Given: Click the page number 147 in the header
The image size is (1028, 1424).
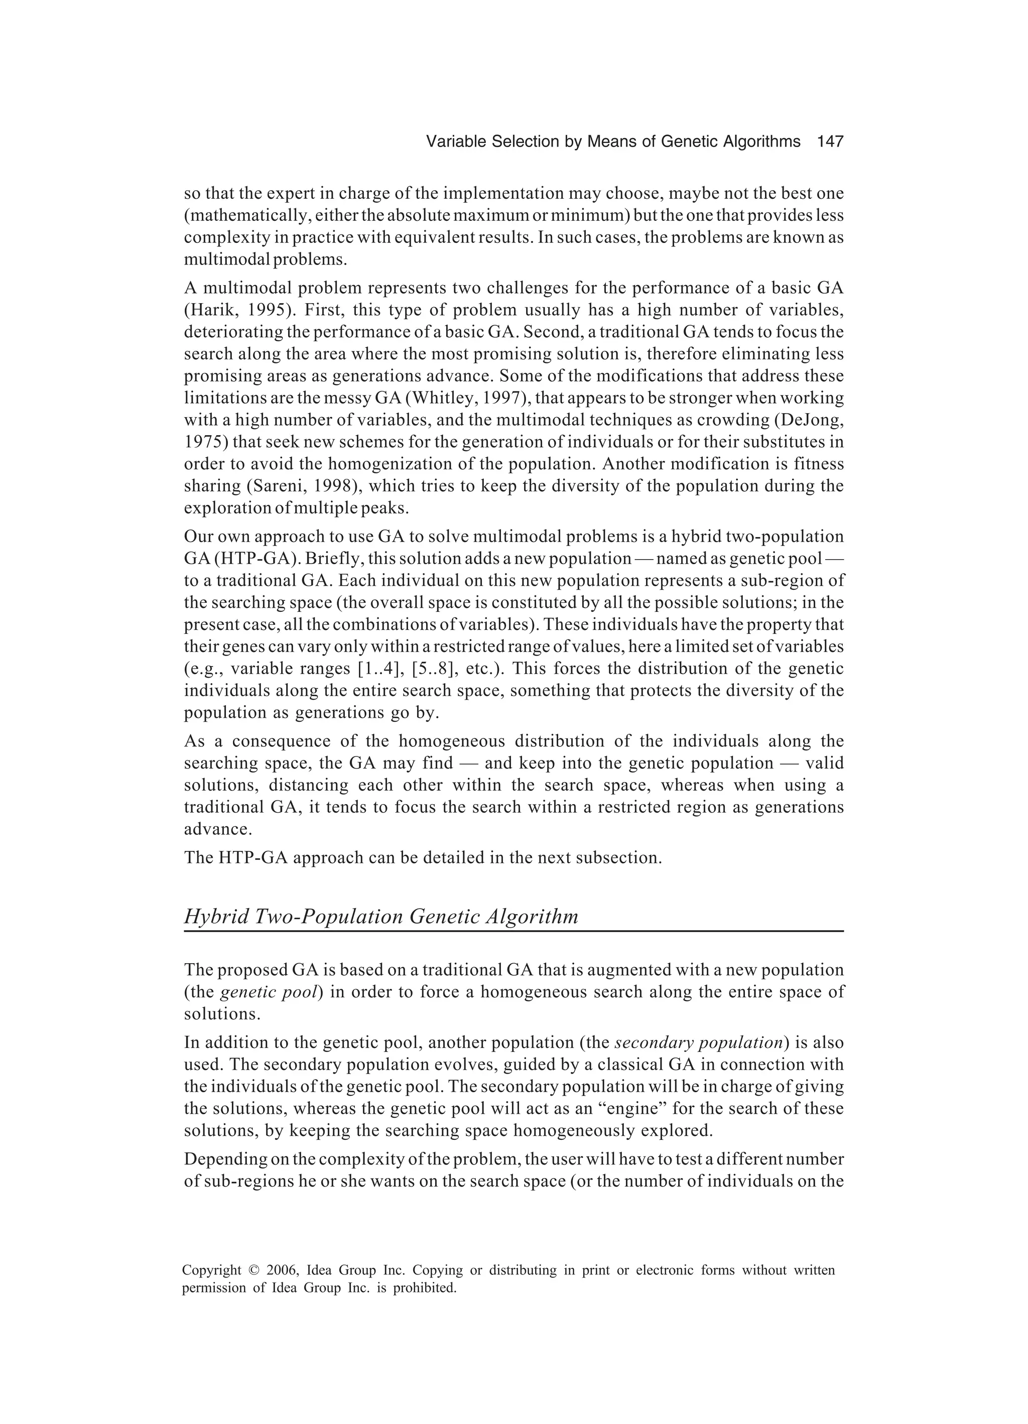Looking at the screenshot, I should coord(830,142).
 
